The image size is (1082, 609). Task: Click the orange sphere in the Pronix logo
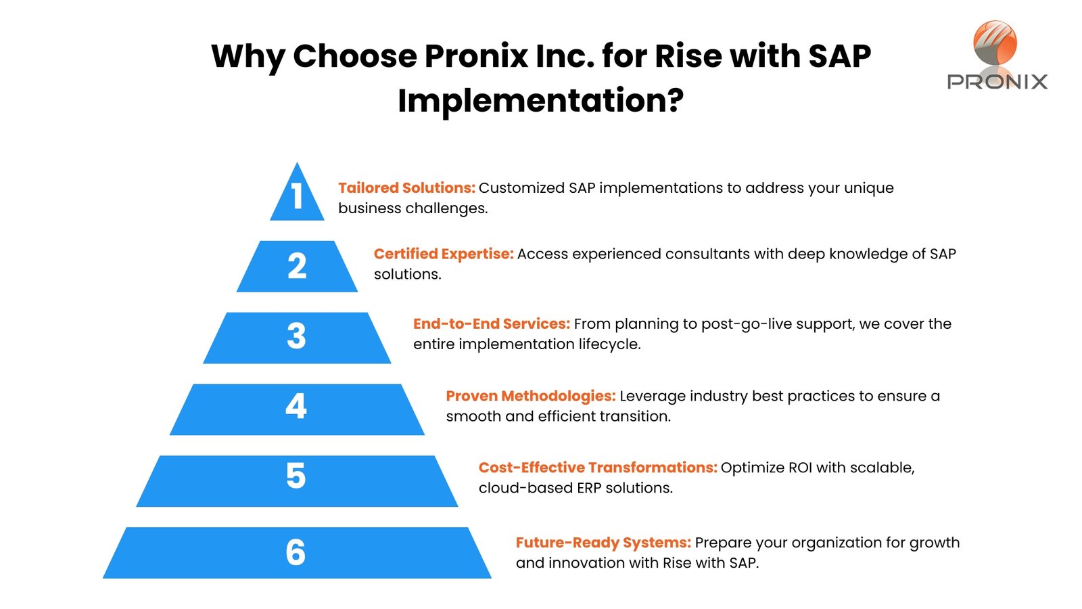[x=995, y=43]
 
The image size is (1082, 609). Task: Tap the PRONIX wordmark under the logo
[x=997, y=82]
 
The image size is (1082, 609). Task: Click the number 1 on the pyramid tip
[x=297, y=196]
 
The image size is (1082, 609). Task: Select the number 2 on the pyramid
[x=297, y=266]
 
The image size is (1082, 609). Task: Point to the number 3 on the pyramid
[x=297, y=336]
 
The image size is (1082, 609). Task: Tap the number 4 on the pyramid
[x=296, y=406]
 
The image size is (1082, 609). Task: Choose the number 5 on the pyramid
[x=296, y=476]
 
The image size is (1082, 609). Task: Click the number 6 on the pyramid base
[x=296, y=552]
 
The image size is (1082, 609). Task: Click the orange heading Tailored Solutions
[x=406, y=187]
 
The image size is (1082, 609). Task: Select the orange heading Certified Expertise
[x=444, y=254]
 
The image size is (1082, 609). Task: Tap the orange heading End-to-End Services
[x=491, y=323]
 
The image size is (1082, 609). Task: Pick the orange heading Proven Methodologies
[x=530, y=396]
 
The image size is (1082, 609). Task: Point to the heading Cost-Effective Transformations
[x=598, y=468]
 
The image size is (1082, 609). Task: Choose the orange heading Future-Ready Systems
[x=603, y=542]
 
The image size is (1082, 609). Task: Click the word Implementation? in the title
[x=541, y=101]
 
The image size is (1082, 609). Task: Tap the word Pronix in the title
[x=476, y=55]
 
